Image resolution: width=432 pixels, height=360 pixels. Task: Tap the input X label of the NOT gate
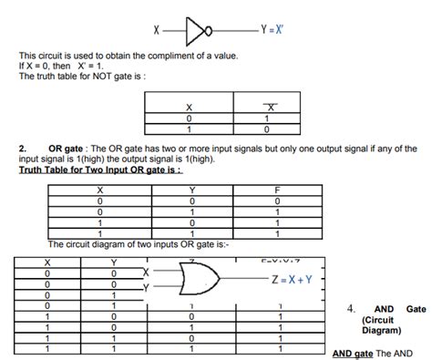(157, 30)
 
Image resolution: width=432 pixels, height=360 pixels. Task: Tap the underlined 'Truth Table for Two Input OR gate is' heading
(99, 170)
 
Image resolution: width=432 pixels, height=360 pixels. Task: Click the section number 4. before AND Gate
(351, 308)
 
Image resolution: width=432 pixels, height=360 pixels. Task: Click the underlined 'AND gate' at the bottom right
(353, 353)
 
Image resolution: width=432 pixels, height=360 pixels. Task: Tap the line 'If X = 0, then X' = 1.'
(62, 67)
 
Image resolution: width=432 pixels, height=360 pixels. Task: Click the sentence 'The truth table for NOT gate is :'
(83, 77)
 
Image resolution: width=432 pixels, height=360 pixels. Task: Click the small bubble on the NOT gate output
(211, 29)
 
